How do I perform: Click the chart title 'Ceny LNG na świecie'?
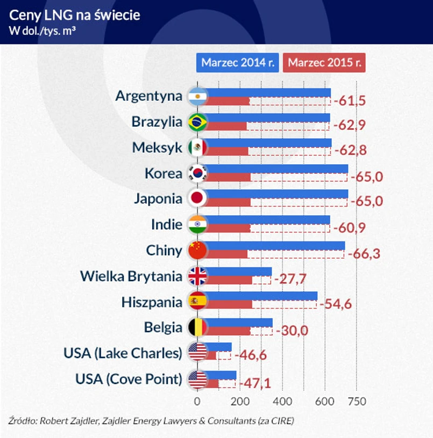pyautogui.click(x=75, y=14)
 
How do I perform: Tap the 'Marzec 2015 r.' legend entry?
pyautogui.click(x=324, y=62)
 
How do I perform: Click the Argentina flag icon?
pyautogui.click(x=197, y=97)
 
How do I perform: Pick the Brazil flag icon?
pyautogui.click(x=197, y=122)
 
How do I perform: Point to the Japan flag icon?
pyautogui.click(x=197, y=199)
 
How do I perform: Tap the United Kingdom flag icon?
pyautogui.click(x=197, y=277)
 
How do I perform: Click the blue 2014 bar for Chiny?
pyautogui.click(x=274, y=246)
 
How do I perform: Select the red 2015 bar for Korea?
pyautogui.click(x=227, y=178)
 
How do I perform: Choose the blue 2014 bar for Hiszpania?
pyautogui.click(x=261, y=296)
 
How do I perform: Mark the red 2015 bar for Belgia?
pyautogui.click(x=227, y=331)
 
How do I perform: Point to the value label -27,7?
pyautogui.click(x=290, y=280)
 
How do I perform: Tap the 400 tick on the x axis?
pyautogui.click(x=282, y=401)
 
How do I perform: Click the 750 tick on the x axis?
pyautogui.click(x=357, y=401)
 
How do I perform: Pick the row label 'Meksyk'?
pyautogui.click(x=158, y=148)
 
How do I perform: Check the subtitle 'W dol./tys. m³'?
pyautogui.click(x=42, y=30)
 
